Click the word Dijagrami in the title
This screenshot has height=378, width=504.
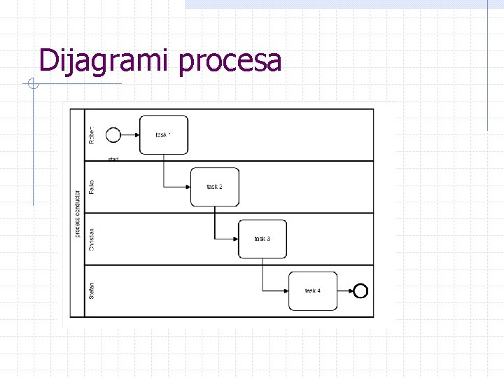click(x=105, y=61)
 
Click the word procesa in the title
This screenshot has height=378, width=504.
click(x=230, y=62)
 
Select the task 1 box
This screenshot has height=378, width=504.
click(x=164, y=134)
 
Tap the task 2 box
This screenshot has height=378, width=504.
click(x=214, y=187)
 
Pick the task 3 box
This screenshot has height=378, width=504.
click(x=262, y=239)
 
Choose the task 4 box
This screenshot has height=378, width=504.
click(x=313, y=290)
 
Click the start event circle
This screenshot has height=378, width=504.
click(x=112, y=134)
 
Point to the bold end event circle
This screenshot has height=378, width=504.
click(x=361, y=290)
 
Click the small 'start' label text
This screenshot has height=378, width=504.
click(x=113, y=160)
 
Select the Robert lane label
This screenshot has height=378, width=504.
click(x=92, y=134)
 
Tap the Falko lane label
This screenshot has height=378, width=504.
click(x=92, y=186)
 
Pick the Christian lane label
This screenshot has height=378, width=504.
click(x=92, y=239)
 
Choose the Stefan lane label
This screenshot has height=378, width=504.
click(x=92, y=290)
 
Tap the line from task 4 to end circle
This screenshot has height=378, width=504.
click(x=346, y=290)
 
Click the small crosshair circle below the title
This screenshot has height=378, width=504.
click(x=32, y=85)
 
